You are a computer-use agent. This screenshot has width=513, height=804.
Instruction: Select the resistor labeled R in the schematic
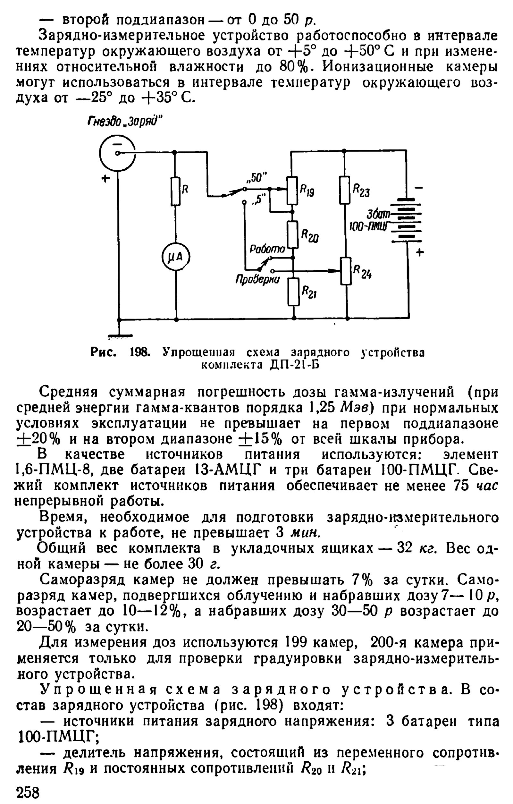click(x=176, y=191)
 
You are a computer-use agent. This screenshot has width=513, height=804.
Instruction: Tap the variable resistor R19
click(x=293, y=191)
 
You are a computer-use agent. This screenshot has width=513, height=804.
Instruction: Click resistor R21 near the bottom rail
click(x=294, y=292)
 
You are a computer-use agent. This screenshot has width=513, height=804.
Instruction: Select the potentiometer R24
click(x=347, y=271)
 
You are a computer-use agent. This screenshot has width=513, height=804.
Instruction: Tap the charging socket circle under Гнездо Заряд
click(x=117, y=153)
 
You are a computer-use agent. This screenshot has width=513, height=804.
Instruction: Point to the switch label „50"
click(x=256, y=178)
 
